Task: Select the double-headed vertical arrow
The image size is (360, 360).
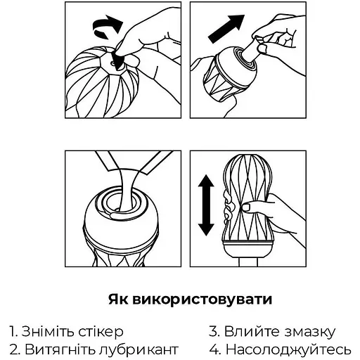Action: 206,205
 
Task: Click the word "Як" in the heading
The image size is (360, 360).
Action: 118,300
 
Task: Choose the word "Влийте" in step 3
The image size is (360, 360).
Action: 250,331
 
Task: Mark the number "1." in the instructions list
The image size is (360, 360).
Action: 14,331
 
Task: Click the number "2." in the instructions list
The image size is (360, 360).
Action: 15,349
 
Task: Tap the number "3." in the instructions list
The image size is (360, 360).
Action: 214,331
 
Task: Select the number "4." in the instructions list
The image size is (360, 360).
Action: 214,349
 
